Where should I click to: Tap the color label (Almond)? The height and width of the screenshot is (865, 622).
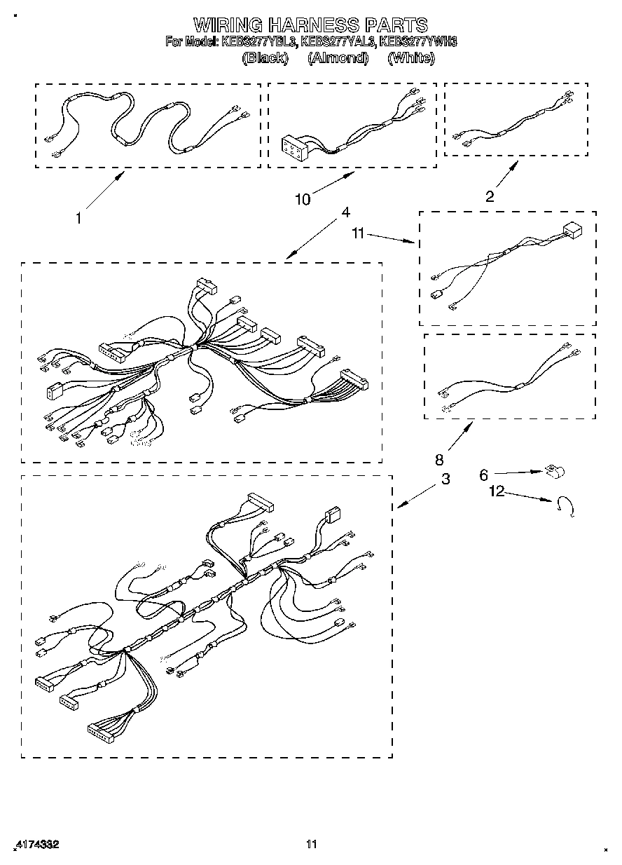(x=338, y=58)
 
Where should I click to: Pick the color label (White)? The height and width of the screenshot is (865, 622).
(x=410, y=58)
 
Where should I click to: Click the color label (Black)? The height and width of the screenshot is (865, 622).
(x=264, y=58)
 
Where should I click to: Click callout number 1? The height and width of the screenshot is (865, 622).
(x=79, y=218)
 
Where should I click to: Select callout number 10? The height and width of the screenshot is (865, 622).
(x=303, y=200)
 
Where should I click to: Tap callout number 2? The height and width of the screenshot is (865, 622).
(x=490, y=196)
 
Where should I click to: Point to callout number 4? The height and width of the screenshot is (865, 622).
(x=345, y=212)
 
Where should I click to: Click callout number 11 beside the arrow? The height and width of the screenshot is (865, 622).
(x=359, y=233)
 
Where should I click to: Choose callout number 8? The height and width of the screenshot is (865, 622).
(x=439, y=460)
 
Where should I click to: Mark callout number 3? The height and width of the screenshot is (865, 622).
(x=445, y=479)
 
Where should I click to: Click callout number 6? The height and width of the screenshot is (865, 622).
(x=483, y=475)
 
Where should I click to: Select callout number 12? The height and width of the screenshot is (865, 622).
(x=497, y=492)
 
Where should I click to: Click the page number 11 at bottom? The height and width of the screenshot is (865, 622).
(x=312, y=844)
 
